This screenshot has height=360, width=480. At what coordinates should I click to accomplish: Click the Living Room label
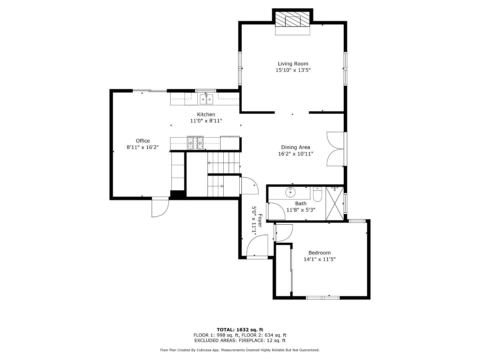pyautogui.click(x=293, y=64)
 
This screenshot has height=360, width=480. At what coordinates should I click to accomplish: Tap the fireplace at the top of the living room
pyautogui.click(x=293, y=21)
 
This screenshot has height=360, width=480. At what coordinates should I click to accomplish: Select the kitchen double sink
pyautogui.click(x=206, y=99)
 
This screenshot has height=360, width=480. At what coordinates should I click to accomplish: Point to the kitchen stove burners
pyautogui.click(x=195, y=143)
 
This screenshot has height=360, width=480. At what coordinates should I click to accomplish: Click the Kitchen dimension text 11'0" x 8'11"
pyautogui.click(x=206, y=121)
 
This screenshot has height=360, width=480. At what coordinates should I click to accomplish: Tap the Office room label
pyautogui.click(x=143, y=141)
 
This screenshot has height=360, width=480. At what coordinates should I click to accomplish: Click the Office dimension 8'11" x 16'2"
pyautogui.click(x=143, y=147)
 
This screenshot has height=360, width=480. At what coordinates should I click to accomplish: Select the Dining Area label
pyautogui.click(x=295, y=147)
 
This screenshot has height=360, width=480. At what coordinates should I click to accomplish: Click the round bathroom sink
pyautogui.click(x=290, y=192)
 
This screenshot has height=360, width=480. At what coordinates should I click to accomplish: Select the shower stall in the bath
pyautogui.click(x=334, y=204)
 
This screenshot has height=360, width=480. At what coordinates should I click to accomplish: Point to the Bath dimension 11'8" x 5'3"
pyautogui.click(x=301, y=210)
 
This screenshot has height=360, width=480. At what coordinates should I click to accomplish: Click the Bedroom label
pyautogui.click(x=319, y=253)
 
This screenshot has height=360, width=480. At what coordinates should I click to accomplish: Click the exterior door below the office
pyautogui.click(x=160, y=207)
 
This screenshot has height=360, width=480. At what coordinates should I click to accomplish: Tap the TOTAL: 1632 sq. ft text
pyautogui.click(x=240, y=330)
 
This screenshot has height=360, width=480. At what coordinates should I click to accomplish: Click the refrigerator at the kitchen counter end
pyautogui.click(x=230, y=143)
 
